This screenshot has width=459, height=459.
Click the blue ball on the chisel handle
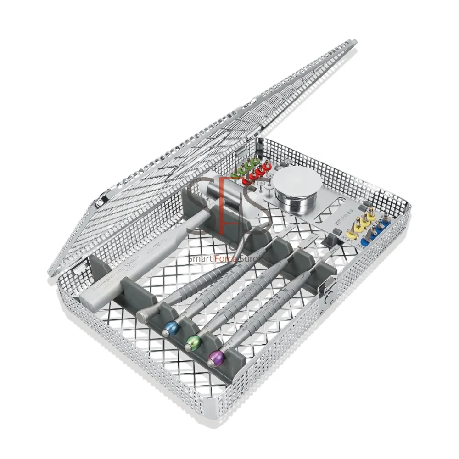[171, 327]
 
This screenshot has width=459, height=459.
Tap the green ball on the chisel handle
[193, 341]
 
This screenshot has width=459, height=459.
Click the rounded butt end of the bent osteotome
[143, 315]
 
